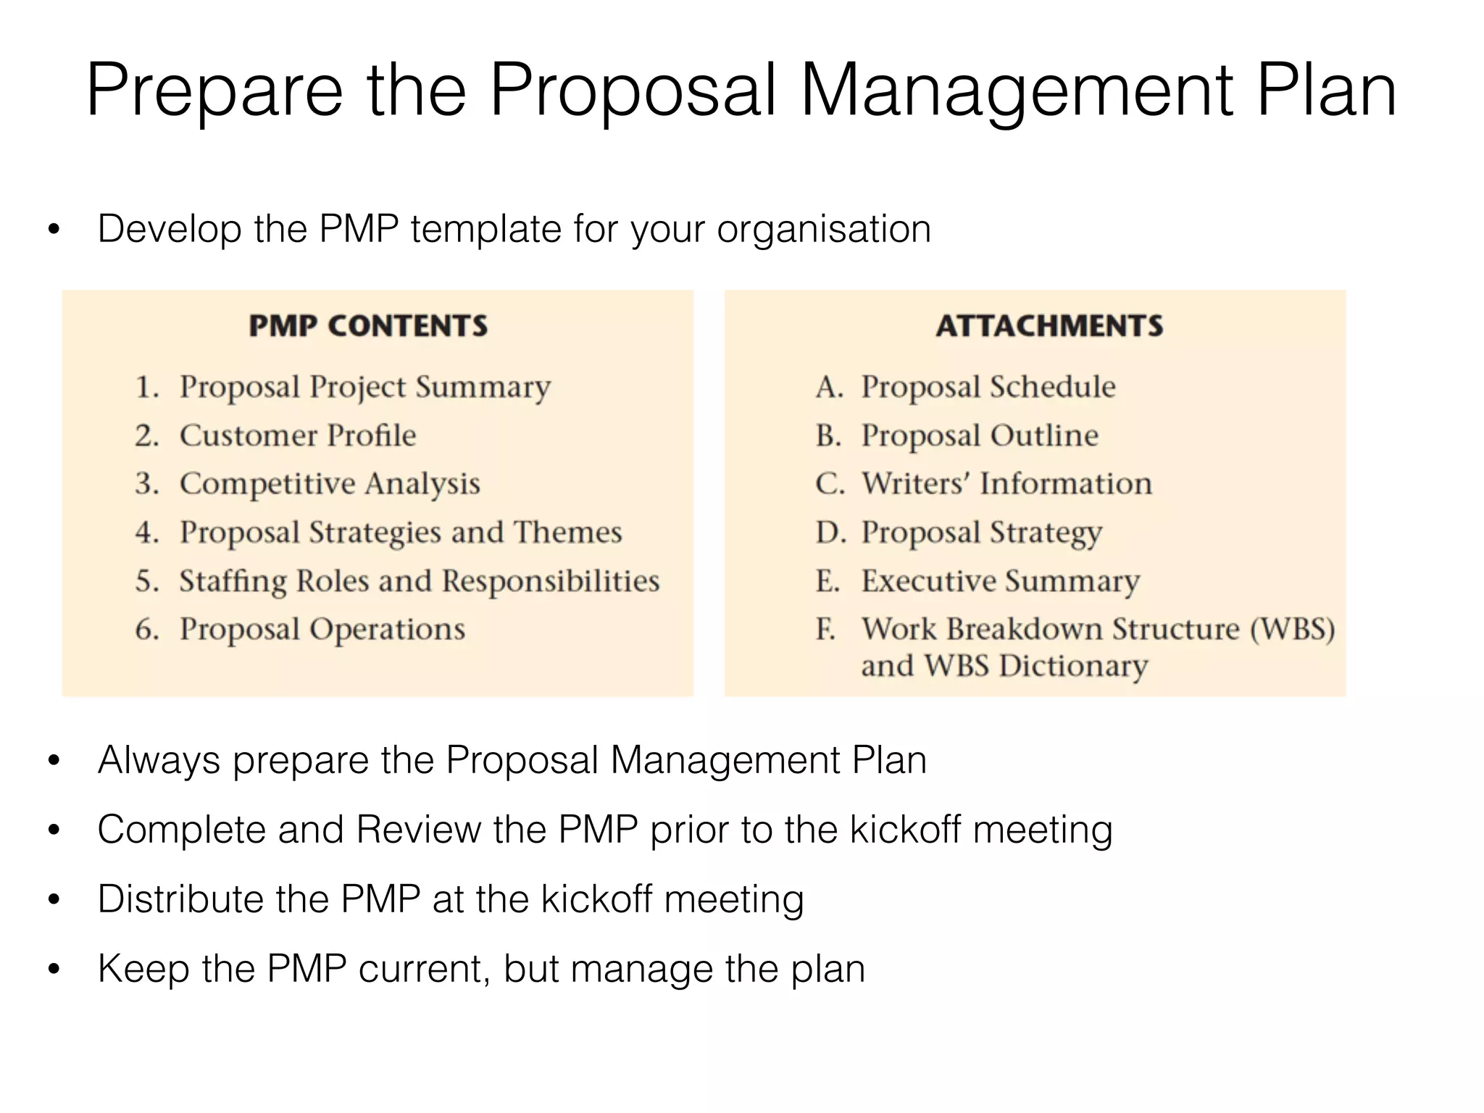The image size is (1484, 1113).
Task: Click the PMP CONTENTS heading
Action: coord(368,326)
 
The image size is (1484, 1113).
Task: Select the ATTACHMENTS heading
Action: coord(1049,326)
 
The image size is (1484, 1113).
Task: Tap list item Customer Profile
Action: coord(298,435)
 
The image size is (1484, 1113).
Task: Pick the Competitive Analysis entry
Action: coord(330,484)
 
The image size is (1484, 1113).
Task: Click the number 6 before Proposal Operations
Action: coord(146,629)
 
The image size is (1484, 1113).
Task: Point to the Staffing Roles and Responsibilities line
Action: coord(420,581)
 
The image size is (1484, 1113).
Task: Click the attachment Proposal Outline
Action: coord(980,435)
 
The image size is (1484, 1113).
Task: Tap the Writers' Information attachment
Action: coord(1006,484)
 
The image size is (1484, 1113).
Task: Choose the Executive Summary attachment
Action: coord(1001,581)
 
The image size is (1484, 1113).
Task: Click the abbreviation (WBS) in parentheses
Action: coord(1292,629)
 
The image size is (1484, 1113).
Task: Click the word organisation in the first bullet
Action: coord(824,230)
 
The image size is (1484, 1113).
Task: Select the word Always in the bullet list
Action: coord(159,761)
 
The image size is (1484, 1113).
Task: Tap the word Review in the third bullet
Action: coord(418,830)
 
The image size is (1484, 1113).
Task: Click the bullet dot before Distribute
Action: coord(54,900)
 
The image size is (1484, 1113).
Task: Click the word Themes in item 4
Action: coord(568,533)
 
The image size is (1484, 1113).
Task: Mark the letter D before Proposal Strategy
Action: coord(828,533)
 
